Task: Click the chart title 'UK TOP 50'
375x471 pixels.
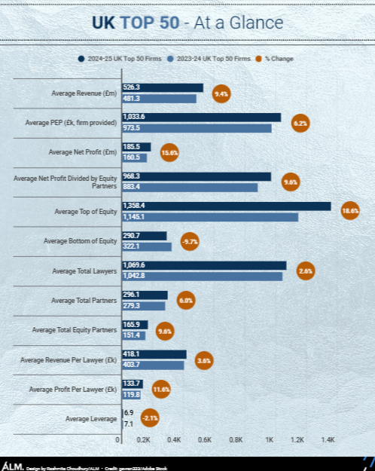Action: [136, 23]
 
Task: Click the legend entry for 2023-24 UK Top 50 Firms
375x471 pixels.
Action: [210, 58]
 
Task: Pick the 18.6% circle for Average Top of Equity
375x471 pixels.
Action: [350, 212]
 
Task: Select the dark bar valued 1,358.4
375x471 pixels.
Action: [226, 206]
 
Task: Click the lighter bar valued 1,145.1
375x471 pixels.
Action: [209, 217]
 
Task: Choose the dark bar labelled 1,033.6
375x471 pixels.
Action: [201, 117]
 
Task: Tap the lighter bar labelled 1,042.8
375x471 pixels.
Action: [202, 276]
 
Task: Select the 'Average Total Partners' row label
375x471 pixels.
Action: [84, 301]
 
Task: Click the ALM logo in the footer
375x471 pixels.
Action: [11, 465]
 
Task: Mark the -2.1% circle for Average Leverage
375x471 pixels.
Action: [150, 418]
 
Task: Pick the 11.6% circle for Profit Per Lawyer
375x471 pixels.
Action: [161, 389]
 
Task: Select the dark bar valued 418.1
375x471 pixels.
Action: [154, 354]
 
